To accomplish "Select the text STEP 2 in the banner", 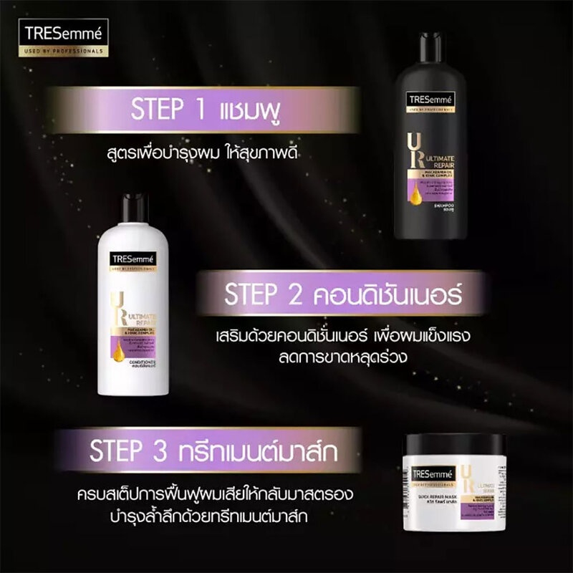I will (x=255, y=294).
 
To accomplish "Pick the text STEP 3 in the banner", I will (x=127, y=451).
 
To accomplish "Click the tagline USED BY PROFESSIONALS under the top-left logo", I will (x=64, y=52).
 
